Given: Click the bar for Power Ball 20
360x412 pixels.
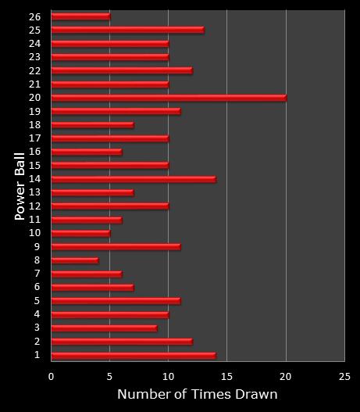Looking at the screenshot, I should click(169, 98).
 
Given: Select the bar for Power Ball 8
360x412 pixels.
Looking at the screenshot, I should click(75, 260).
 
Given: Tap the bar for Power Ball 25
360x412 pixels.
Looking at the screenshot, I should click(128, 30).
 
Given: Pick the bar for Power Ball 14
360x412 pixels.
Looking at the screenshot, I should click(134, 179).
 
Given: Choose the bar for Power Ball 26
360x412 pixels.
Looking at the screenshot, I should click(81, 16).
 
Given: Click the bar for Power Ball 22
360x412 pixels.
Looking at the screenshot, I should click(122, 71).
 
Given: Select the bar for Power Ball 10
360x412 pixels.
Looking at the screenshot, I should click(81, 233).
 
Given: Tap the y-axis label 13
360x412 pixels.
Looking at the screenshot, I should click(36, 192).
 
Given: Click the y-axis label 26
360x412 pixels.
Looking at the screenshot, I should click(36, 16).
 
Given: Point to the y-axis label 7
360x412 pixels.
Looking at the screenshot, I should click(37, 274).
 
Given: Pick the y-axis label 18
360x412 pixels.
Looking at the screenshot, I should click(36, 125).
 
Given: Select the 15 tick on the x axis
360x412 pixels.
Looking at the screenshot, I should click(226, 376).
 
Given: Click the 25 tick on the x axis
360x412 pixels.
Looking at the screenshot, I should click(344, 376).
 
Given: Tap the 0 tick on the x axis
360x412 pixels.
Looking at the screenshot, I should click(52, 376).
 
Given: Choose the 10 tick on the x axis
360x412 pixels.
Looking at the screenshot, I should click(168, 376).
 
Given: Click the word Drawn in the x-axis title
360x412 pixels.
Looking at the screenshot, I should click(258, 395).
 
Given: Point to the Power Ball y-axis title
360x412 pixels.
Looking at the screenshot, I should click(20, 185).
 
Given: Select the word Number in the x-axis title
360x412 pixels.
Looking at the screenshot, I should click(141, 395).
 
